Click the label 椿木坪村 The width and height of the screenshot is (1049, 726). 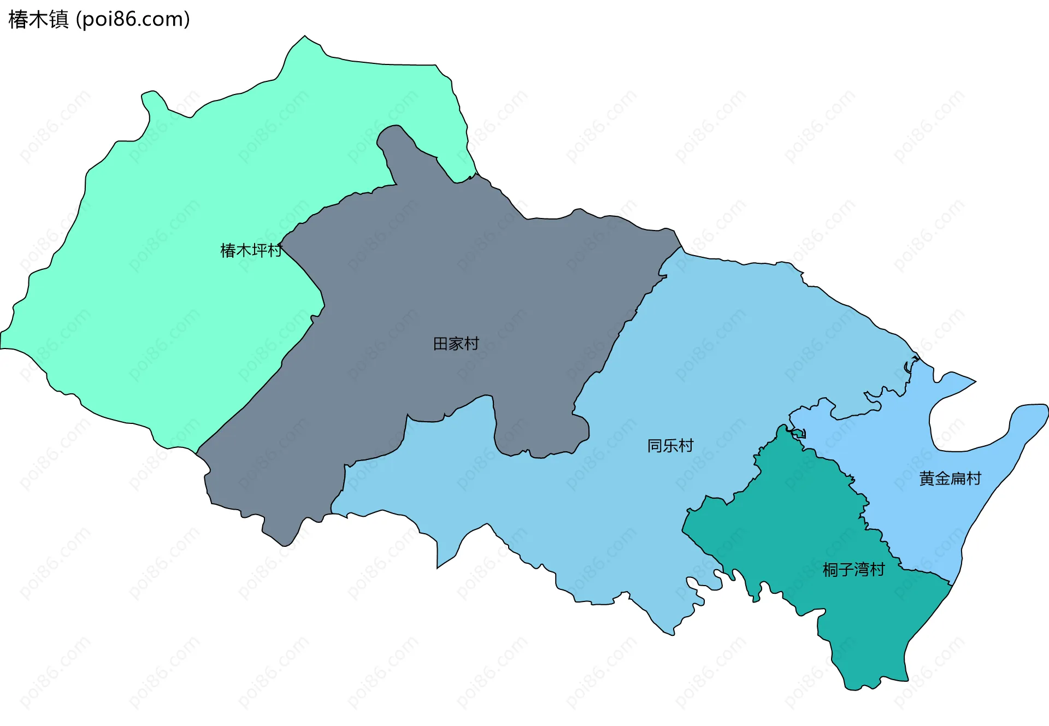click(x=251, y=250)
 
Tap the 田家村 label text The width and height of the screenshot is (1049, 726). click(x=456, y=344)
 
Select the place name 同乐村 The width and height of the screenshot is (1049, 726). click(x=670, y=446)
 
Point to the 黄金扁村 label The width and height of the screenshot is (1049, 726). click(x=950, y=479)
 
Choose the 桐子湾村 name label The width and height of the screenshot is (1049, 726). click(x=853, y=570)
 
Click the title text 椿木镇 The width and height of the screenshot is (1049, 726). click(x=38, y=20)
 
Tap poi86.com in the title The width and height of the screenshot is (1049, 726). click(x=133, y=20)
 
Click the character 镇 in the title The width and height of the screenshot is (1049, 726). click(x=59, y=20)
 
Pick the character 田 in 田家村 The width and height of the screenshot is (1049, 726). click(x=440, y=344)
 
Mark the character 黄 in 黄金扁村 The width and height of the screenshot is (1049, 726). click(x=927, y=479)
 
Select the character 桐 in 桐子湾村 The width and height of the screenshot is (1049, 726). click(x=830, y=570)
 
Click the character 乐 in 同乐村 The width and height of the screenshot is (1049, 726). click(x=670, y=446)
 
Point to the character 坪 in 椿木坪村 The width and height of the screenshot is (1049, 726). click(x=259, y=250)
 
